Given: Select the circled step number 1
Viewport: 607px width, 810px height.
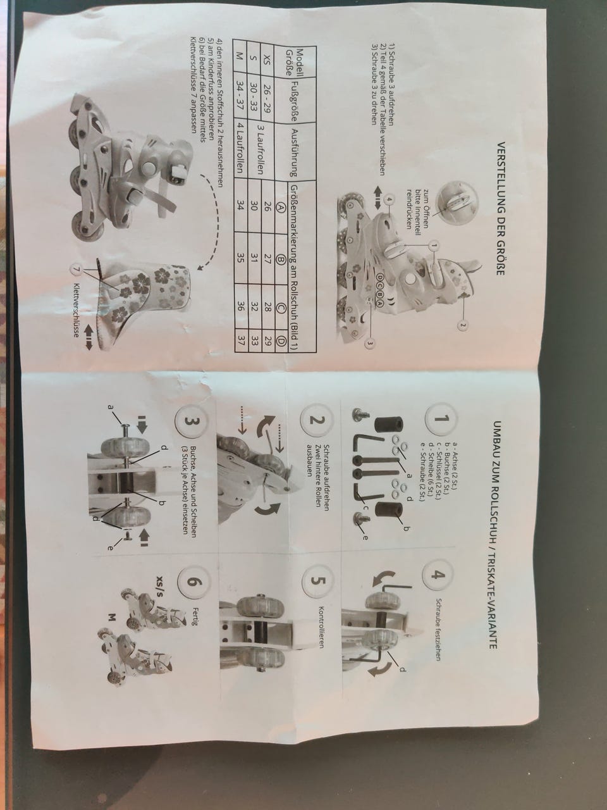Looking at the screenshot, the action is coord(441,419).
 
